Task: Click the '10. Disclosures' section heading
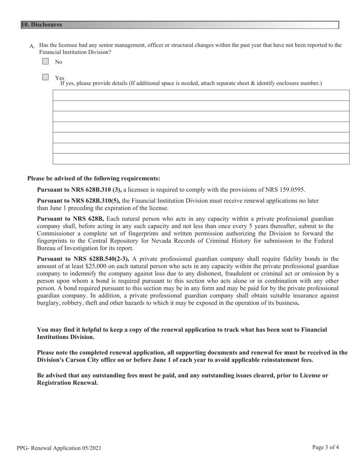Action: [42, 25]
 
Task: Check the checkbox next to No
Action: [45, 61]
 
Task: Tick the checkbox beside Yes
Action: [45, 77]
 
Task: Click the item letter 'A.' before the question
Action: [32, 46]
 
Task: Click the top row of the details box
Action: [201, 95]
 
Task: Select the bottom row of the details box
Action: [201, 159]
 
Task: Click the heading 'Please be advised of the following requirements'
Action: [94, 178]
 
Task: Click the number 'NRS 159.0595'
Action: [287, 190]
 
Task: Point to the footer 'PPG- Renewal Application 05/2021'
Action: [59, 448]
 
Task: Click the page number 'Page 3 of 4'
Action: [326, 447]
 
